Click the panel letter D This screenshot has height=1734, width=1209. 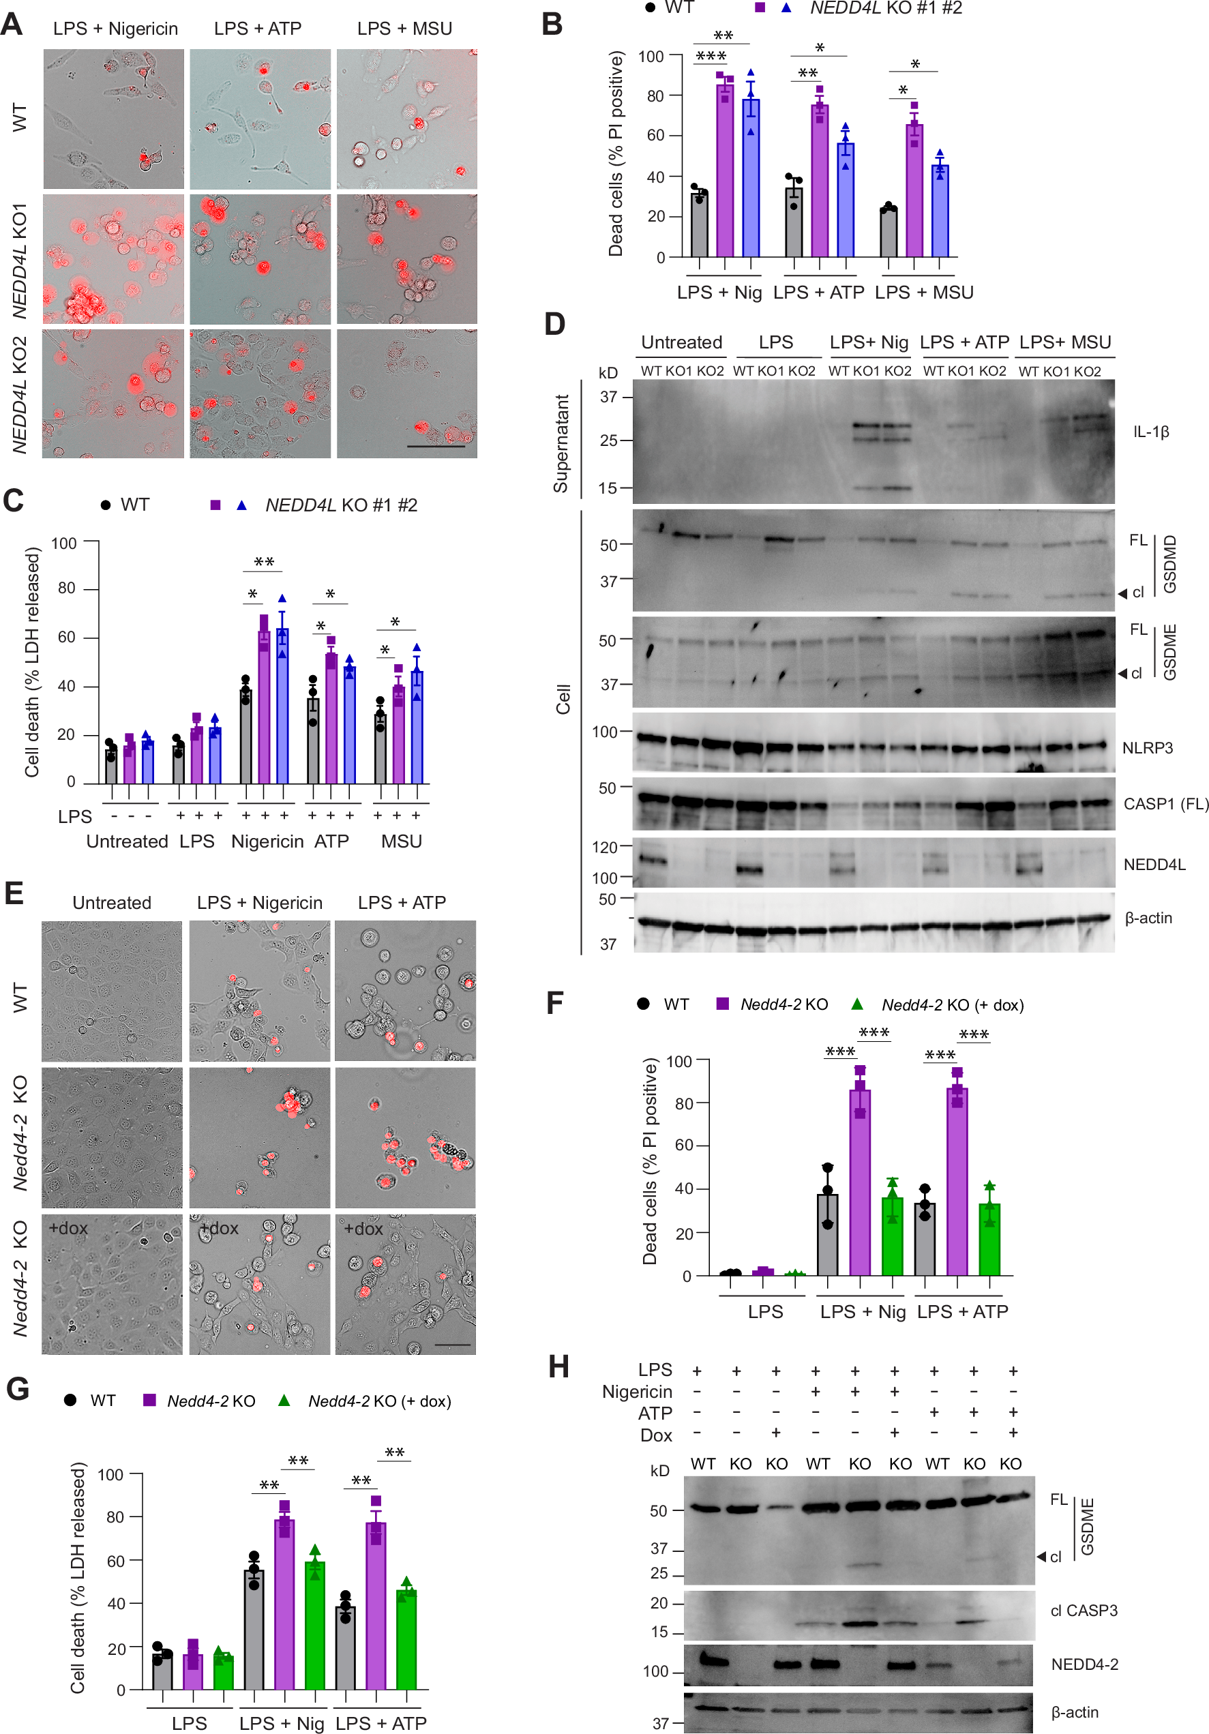(554, 324)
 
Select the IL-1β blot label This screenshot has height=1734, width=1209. (1150, 432)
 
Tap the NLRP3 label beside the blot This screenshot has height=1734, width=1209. (1147, 748)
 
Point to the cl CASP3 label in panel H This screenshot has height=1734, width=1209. (1084, 1610)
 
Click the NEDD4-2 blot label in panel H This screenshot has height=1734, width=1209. (1084, 1664)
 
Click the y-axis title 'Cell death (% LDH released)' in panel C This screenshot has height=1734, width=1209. (32, 662)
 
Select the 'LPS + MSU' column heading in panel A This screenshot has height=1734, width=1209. (405, 29)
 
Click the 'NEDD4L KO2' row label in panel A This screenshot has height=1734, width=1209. (20, 394)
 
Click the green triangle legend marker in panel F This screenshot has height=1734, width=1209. (856, 1004)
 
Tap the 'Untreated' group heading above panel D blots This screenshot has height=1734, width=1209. (681, 342)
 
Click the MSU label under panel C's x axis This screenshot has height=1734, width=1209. (401, 841)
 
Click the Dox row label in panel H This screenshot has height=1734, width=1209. (655, 1435)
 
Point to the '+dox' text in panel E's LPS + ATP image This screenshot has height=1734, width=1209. (363, 1229)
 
